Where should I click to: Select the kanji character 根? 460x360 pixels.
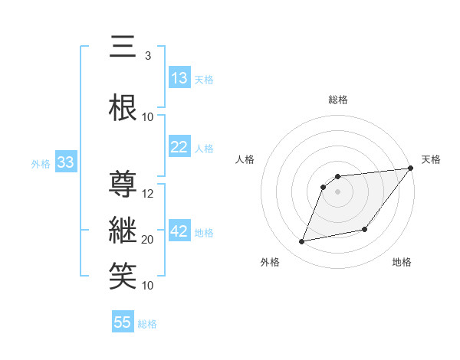click(123, 108)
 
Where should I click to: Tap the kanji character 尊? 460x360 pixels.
click(123, 185)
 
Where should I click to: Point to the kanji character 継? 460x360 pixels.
click(123, 231)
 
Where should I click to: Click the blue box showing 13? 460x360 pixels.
click(179, 78)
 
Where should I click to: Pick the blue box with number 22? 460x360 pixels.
click(179, 148)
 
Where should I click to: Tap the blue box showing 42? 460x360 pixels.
click(179, 232)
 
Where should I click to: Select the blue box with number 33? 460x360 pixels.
click(65, 162)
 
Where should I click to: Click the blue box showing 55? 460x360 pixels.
click(123, 322)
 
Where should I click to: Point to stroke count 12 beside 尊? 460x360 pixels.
click(149, 193)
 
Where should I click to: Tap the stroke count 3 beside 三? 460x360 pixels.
click(148, 55)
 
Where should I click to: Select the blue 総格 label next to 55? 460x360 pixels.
click(147, 324)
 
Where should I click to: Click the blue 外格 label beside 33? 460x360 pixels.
click(41, 164)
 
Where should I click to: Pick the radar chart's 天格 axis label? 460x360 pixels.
click(431, 159)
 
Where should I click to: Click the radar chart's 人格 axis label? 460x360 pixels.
click(245, 159)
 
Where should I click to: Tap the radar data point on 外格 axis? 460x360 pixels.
click(302, 242)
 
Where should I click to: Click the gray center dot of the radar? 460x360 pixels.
click(337, 192)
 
